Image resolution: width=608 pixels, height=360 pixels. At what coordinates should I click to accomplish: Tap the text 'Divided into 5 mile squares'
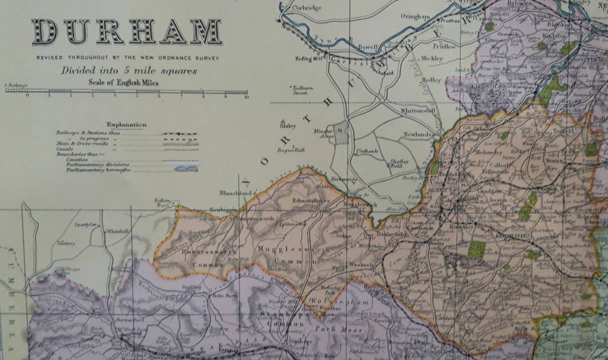pyautogui.click(x=129, y=71)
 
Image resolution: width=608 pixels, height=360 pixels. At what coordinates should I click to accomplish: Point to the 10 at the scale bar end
pyautogui.click(x=246, y=97)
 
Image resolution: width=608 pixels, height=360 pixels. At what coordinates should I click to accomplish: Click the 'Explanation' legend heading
pyautogui.click(x=126, y=125)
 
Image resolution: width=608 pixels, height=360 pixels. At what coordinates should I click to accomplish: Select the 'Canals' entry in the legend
pyautogui.click(x=65, y=149)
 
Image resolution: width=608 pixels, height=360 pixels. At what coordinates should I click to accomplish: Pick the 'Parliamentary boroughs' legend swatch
pyautogui.click(x=186, y=169)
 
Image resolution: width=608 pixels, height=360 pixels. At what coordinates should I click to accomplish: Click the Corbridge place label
pyautogui.click(x=306, y=8)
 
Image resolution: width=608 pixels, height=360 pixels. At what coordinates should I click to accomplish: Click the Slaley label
pyautogui.click(x=288, y=126)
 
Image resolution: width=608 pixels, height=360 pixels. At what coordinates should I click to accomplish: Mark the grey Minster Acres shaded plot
pyautogui.click(x=340, y=133)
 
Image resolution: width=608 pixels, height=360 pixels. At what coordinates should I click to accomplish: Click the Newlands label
pyautogui.click(x=418, y=135)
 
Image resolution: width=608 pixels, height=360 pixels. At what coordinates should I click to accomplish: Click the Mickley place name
pyautogui.click(x=431, y=59)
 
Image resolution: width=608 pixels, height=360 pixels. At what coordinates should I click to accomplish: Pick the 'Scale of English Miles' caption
pyautogui.click(x=124, y=82)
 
